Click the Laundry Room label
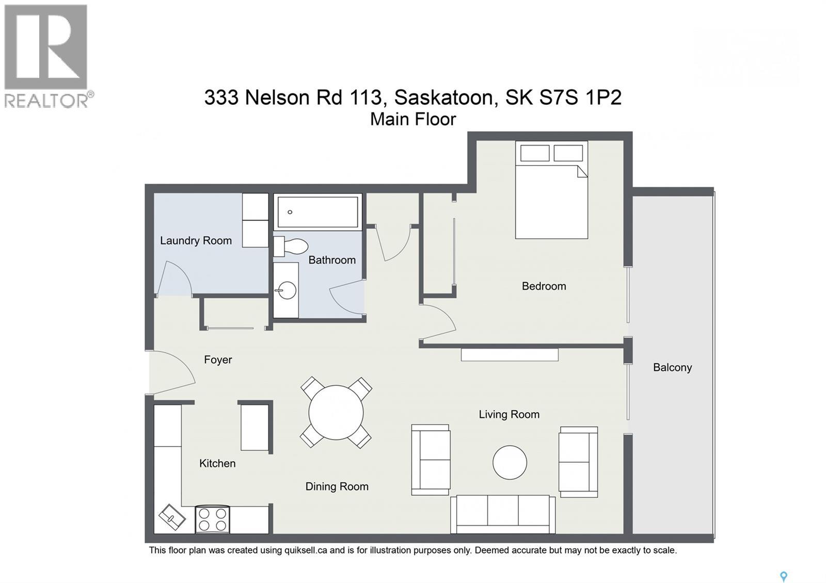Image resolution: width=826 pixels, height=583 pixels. click(x=196, y=240)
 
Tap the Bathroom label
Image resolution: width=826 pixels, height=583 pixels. click(x=332, y=260)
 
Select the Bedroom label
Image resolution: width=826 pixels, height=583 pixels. click(x=544, y=286)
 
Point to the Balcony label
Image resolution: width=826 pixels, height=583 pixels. click(x=672, y=367)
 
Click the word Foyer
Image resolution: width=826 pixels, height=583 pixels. click(x=218, y=360)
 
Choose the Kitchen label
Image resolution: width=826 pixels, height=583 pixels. click(x=217, y=463)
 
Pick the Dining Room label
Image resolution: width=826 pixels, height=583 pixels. click(x=337, y=487)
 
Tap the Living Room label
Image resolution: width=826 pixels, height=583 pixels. click(x=509, y=414)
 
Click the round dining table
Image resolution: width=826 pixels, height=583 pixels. click(x=336, y=412)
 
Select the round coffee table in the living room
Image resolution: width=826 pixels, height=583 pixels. click(x=510, y=462)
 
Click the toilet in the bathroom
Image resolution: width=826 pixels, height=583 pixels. click(x=292, y=246)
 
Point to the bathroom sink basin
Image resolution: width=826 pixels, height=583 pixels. click(x=287, y=290)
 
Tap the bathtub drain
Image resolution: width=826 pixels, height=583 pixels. click(x=290, y=212)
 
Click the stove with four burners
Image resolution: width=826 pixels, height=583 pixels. click(x=213, y=520)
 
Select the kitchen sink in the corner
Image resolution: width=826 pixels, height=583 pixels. click(x=172, y=516)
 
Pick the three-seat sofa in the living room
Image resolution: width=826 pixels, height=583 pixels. click(x=503, y=514)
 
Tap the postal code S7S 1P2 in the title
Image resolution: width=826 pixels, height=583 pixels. click(x=580, y=98)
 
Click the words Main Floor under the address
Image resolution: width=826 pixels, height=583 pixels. click(x=413, y=119)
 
